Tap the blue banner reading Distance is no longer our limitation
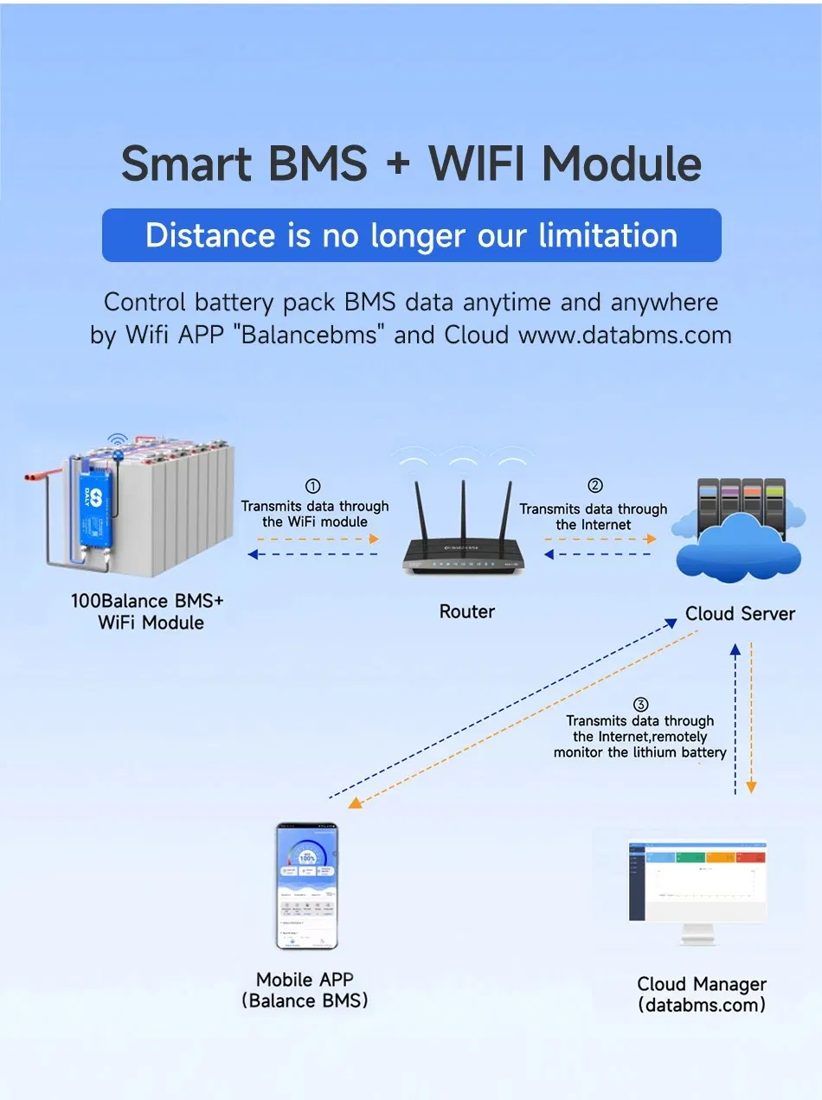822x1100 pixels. point(411,235)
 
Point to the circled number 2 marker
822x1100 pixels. point(594,486)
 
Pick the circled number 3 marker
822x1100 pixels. point(641,704)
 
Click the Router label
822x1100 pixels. point(467,611)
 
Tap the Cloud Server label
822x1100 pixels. point(740,613)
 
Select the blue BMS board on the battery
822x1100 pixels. point(95,511)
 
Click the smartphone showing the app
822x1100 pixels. point(306,886)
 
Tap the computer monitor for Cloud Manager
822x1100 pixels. point(697,886)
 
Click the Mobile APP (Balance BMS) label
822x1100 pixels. point(305,990)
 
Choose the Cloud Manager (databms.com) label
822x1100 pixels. point(702,994)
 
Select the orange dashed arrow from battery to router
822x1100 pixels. point(315,538)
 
